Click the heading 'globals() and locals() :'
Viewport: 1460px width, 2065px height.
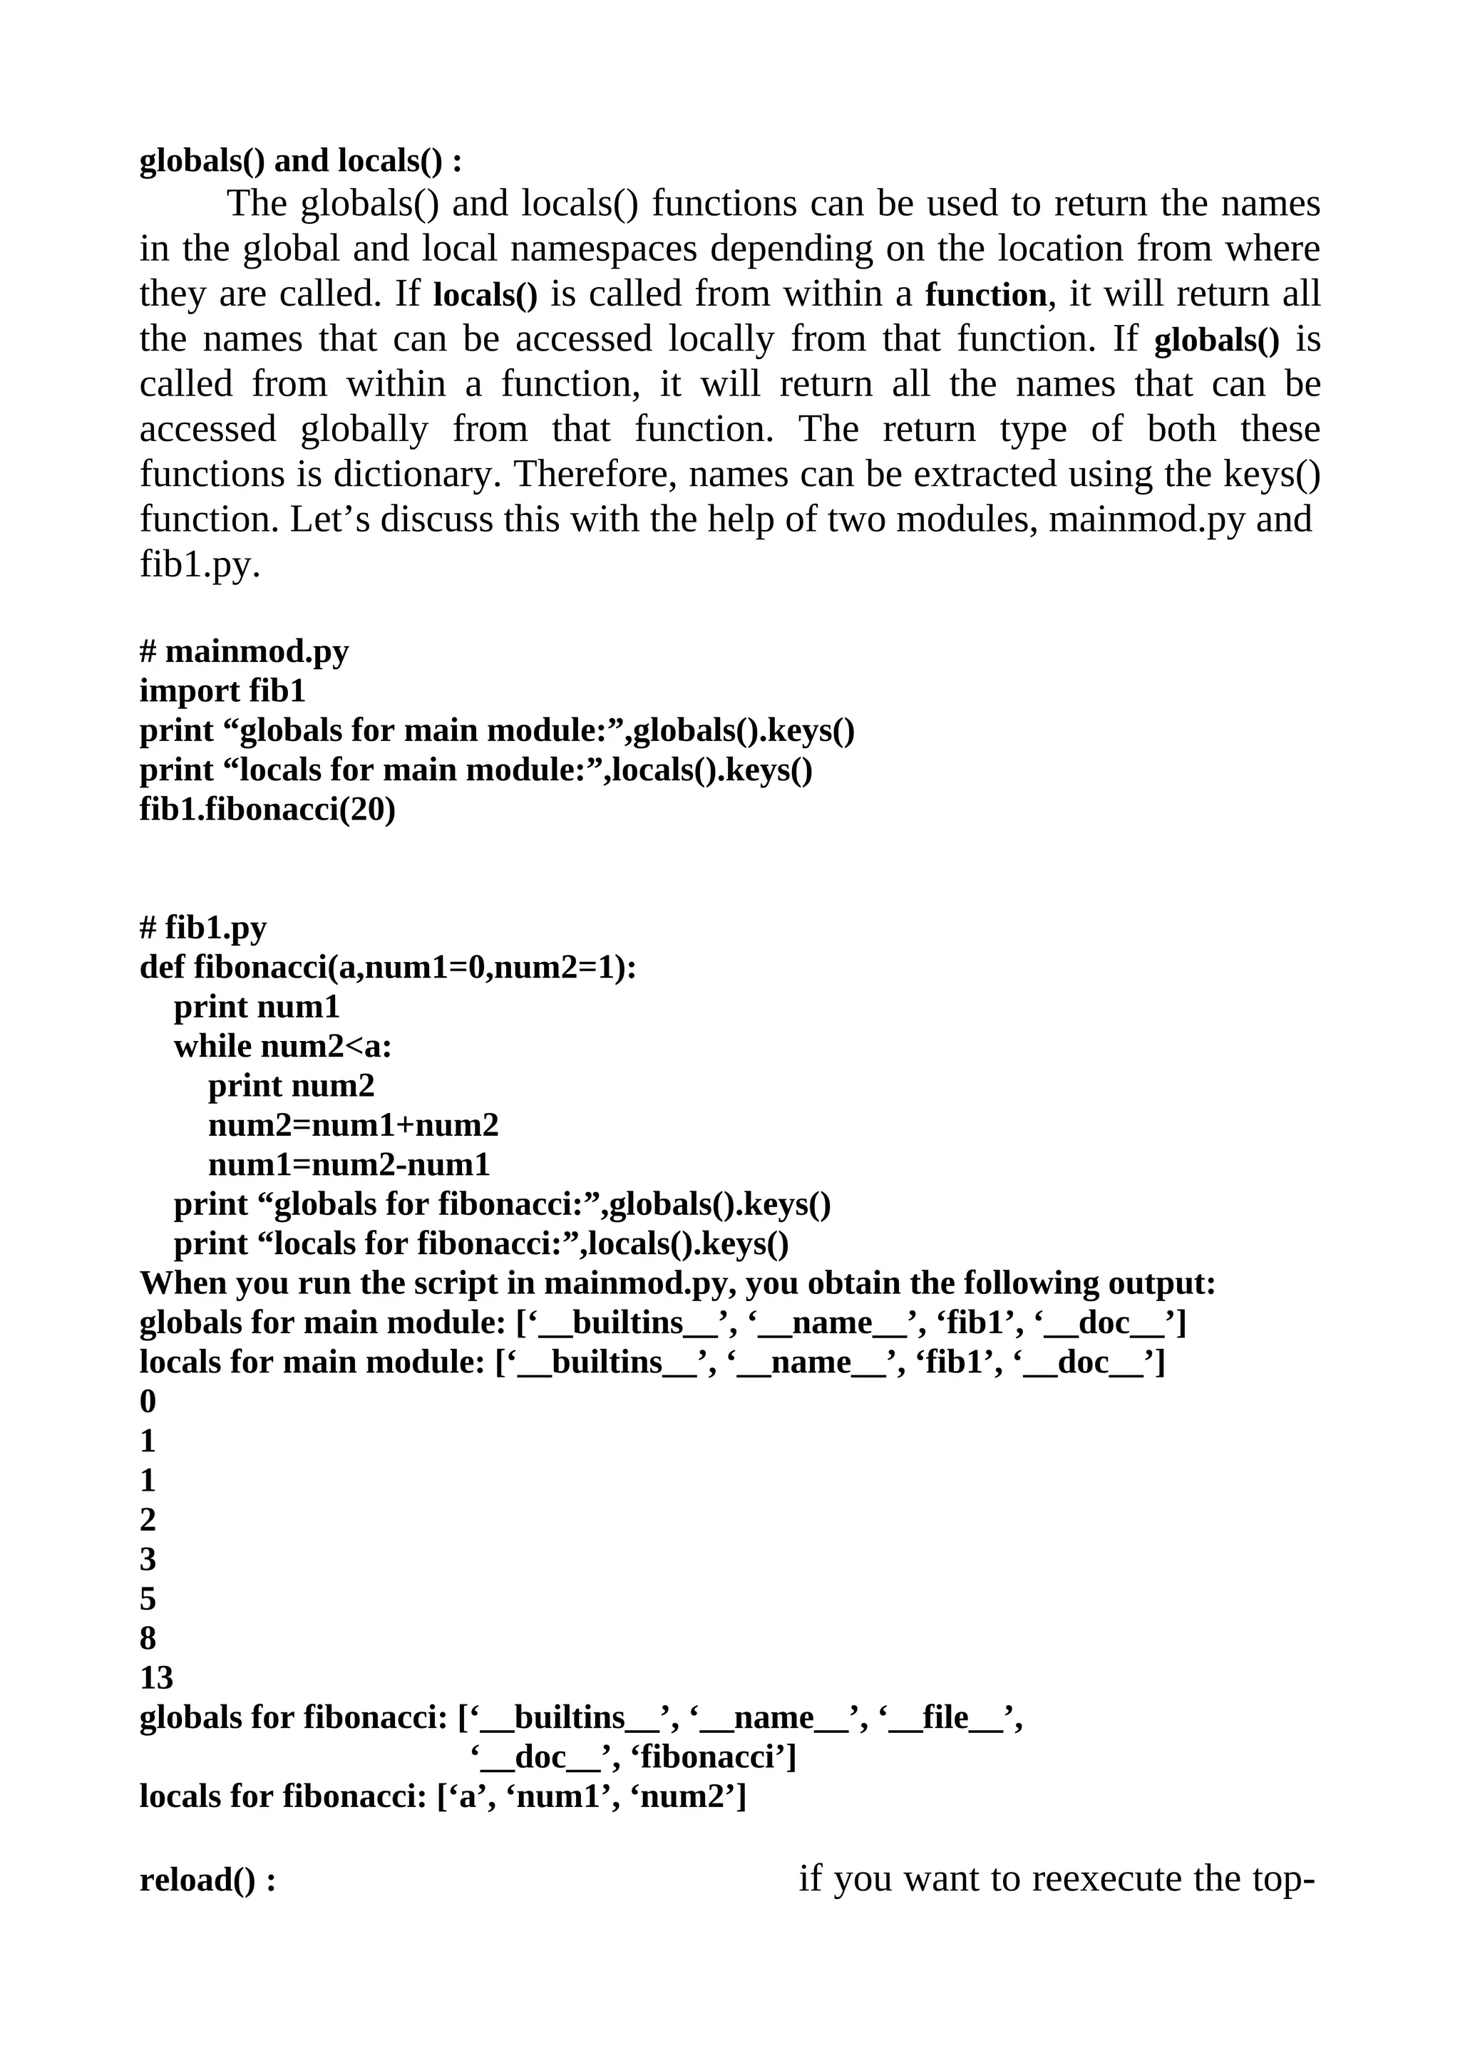(x=300, y=161)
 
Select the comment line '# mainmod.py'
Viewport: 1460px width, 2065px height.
(x=244, y=651)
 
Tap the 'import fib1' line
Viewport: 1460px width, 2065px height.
(x=222, y=690)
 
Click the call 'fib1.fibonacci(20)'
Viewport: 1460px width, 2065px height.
(x=267, y=809)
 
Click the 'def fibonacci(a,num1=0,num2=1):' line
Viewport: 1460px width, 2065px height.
(x=388, y=967)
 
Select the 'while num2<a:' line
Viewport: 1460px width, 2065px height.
(x=282, y=1046)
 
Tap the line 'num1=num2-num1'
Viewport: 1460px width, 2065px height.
(x=349, y=1165)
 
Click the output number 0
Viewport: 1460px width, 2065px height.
(x=148, y=1401)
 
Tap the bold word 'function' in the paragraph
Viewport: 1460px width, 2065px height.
(x=986, y=294)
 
